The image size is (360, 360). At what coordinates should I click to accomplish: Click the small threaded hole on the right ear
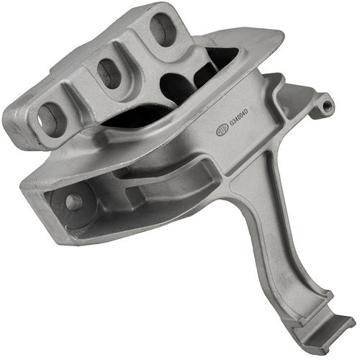[x=328, y=106]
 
